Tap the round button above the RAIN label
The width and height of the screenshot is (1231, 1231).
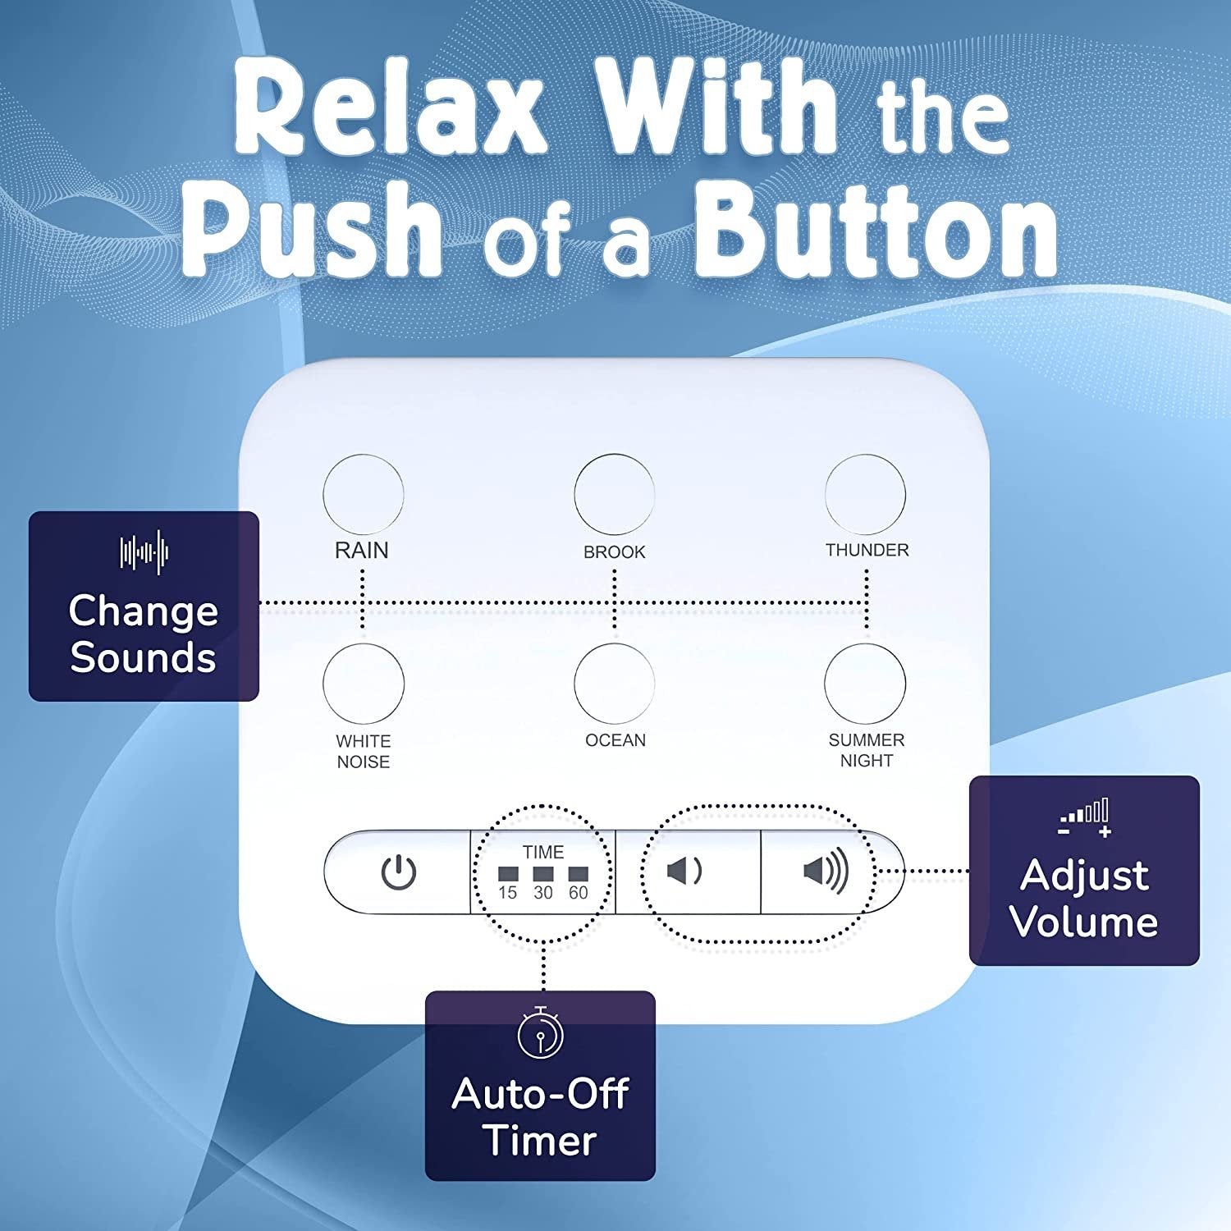[364, 495]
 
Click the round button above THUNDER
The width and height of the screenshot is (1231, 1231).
[865, 495]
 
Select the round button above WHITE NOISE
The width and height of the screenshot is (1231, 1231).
[364, 684]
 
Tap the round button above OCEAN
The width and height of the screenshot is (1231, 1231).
[615, 684]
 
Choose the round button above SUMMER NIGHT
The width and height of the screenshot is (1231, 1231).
[865, 684]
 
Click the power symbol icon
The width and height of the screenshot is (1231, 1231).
[399, 872]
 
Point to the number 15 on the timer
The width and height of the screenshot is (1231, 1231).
[508, 893]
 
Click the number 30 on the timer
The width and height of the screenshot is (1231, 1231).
[543, 893]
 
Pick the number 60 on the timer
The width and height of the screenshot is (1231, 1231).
[579, 893]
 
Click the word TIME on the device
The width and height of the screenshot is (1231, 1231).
[543, 852]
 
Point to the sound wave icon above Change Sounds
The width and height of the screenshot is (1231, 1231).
[144, 551]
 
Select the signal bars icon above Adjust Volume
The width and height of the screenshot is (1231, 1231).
[1085, 817]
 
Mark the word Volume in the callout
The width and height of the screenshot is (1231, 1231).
[1084, 922]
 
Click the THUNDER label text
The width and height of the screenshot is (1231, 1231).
[867, 550]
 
